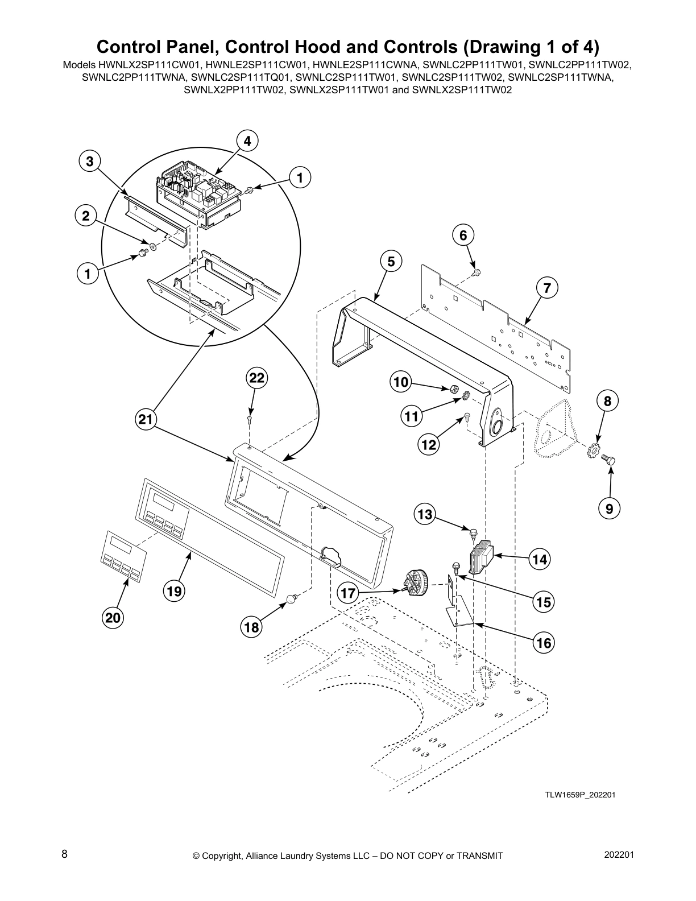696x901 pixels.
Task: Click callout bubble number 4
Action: click(x=247, y=140)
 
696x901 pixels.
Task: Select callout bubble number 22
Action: click(x=257, y=378)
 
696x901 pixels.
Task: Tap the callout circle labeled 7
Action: click(x=546, y=288)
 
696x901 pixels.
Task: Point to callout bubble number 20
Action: click(x=114, y=617)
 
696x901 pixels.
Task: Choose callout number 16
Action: click(x=544, y=643)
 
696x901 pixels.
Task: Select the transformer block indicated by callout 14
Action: click(x=481, y=555)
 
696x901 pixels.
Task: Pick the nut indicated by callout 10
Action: click(x=454, y=389)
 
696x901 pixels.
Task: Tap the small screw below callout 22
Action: click(x=250, y=420)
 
